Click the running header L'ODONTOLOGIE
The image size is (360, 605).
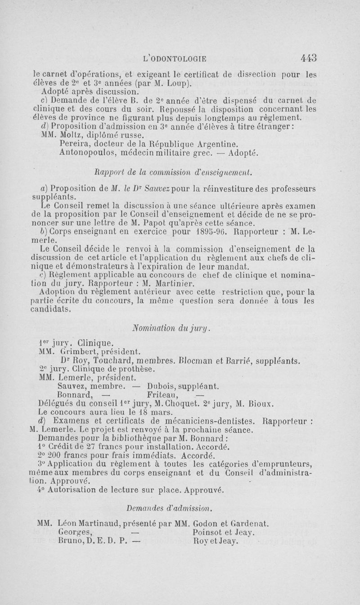[x=174, y=58]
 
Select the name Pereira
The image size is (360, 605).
[x=73, y=144]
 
